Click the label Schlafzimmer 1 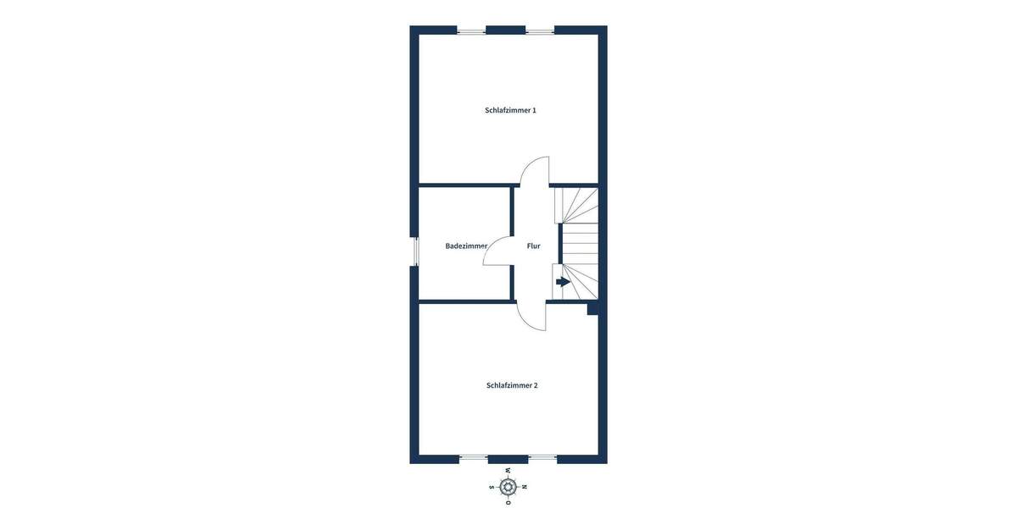pos(510,110)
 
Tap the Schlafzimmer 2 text pos(512,385)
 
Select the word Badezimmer pos(466,246)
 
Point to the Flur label pos(533,246)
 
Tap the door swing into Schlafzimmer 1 pos(534,170)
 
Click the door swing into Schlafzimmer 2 pos(531,317)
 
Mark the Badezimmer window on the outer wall pos(415,251)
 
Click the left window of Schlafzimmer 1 pos(471,31)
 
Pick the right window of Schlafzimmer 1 pos(540,31)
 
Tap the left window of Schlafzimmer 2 pos(474,458)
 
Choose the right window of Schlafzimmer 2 pos(542,458)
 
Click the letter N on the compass pos(525,487)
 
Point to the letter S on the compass pos(492,487)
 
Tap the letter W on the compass pos(508,471)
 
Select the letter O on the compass pos(508,503)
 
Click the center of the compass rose pos(508,487)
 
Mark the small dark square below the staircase pos(592,309)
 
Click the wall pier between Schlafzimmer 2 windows pos(508,459)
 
